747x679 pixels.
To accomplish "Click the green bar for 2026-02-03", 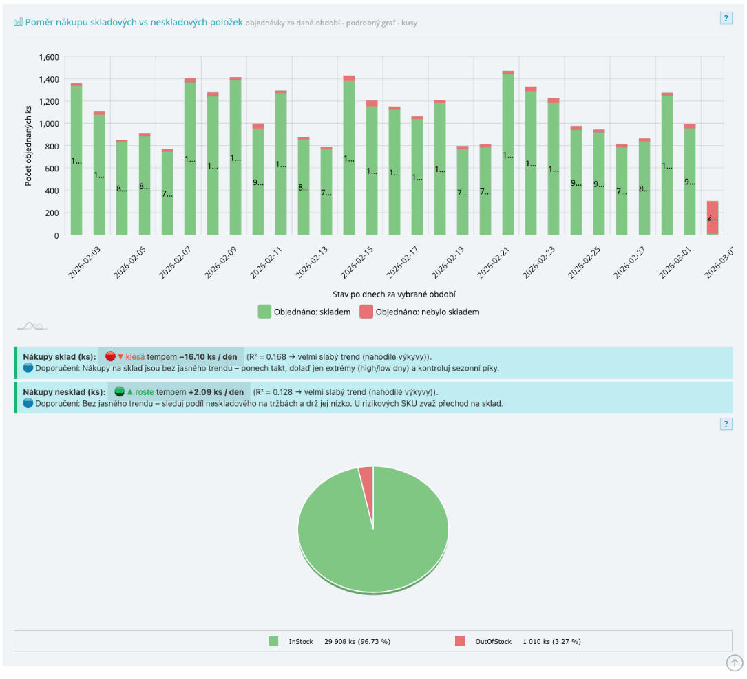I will tap(76, 162).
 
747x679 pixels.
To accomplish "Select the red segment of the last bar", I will tap(713, 217).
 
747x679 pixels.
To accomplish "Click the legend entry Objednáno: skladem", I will tap(304, 312).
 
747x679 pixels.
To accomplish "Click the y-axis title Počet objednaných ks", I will tap(29, 146).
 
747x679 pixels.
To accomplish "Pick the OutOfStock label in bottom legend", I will tap(492, 641).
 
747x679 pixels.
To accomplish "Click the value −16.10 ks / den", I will tap(209, 356).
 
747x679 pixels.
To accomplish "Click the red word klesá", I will tap(135, 356).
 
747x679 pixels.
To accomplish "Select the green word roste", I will tap(145, 391).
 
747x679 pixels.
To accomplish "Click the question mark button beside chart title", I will tap(726, 19).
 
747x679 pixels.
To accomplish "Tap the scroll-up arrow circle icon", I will tap(735, 662).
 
